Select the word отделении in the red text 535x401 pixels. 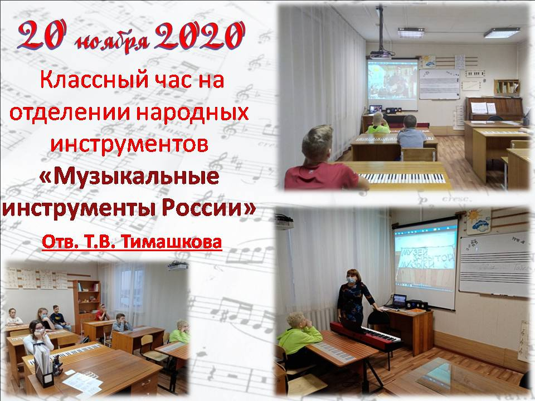(x=70, y=113)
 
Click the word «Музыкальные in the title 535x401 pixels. (x=129, y=176)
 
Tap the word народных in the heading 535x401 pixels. (x=193, y=114)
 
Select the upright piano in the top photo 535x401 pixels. (x=494, y=109)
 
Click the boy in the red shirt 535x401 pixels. (x=323, y=160)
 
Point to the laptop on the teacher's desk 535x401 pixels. (x=398, y=302)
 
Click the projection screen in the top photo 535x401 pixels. (x=392, y=84)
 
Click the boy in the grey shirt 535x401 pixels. (x=411, y=133)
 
